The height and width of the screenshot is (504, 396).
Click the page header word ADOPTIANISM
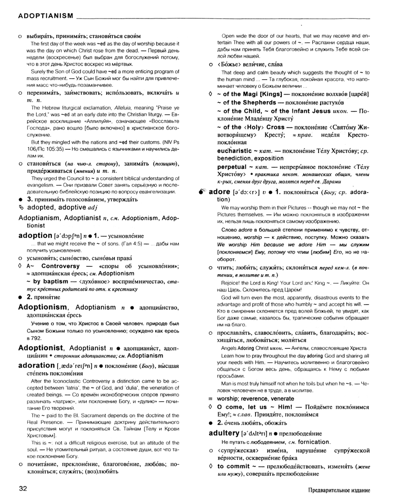(45, 16)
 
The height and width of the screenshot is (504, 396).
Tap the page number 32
(24, 489)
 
